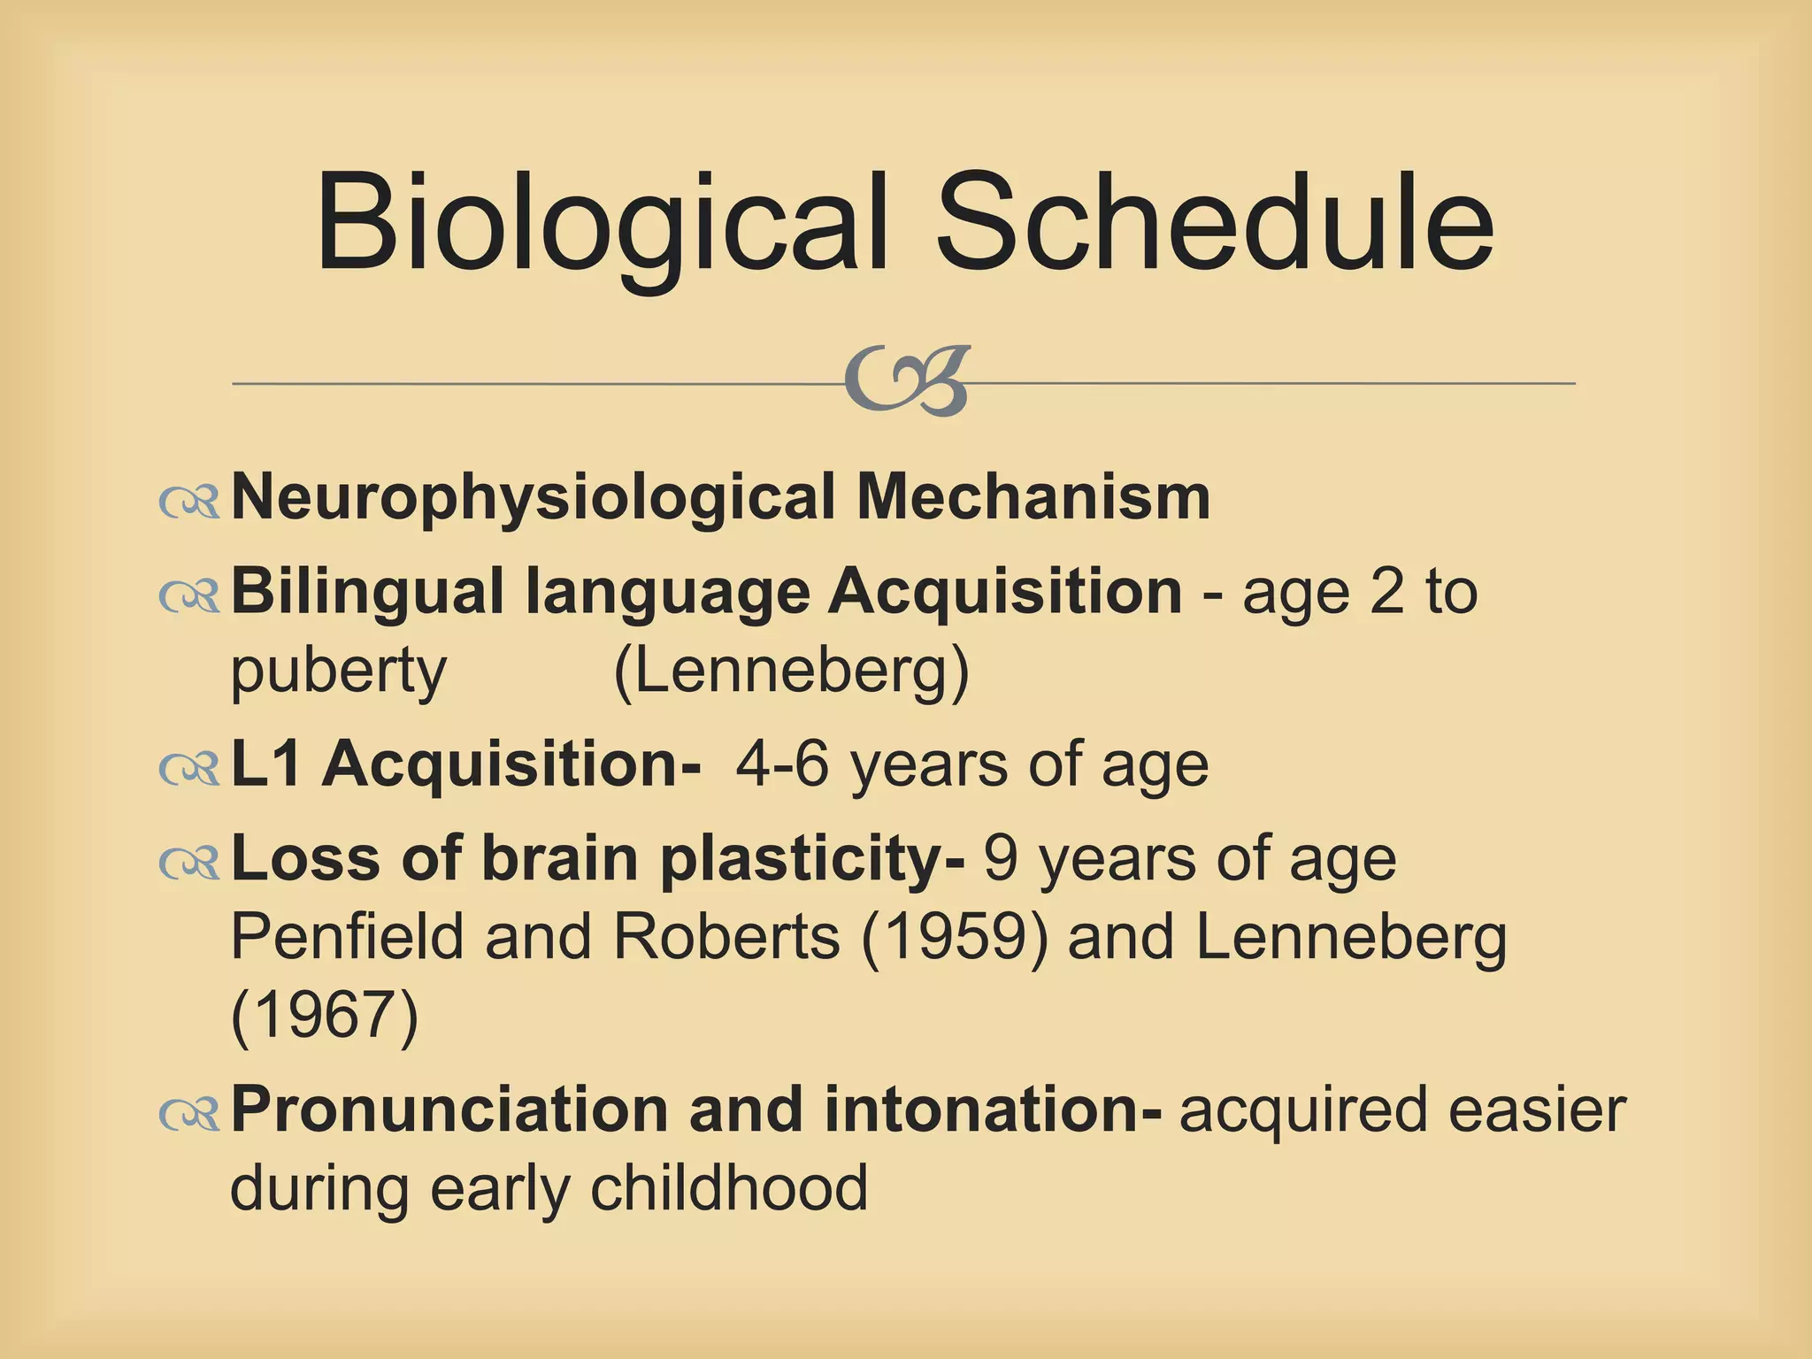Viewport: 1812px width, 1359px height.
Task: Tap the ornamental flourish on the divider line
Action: pos(908,381)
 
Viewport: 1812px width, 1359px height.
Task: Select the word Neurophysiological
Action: pos(533,498)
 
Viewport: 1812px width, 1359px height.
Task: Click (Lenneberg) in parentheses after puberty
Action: pos(791,671)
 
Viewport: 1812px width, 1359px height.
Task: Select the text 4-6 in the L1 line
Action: pos(782,764)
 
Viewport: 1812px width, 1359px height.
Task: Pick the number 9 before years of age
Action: pos(1000,858)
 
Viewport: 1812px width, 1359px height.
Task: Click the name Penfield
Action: pos(347,936)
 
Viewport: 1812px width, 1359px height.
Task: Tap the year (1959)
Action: pos(954,936)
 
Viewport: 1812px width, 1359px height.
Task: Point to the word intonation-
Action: pos(993,1109)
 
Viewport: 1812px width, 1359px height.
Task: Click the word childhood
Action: pos(729,1187)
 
